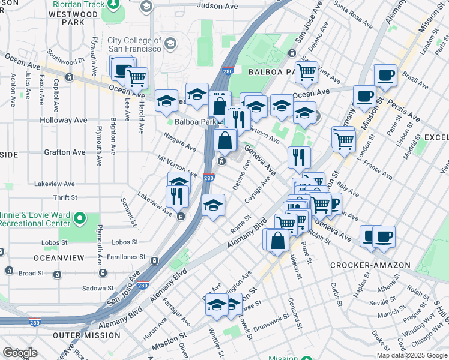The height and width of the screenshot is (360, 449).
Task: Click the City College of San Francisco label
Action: click(134, 44)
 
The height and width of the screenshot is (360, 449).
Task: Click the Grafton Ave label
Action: click(65, 152)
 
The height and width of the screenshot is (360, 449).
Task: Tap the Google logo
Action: click(20, 353)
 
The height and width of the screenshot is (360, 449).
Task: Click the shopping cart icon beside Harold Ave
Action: click(137, 77)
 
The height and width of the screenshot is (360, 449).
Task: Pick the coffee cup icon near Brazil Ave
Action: click(386, 76)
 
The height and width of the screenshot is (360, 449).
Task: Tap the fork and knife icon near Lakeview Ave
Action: click(177, 196)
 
